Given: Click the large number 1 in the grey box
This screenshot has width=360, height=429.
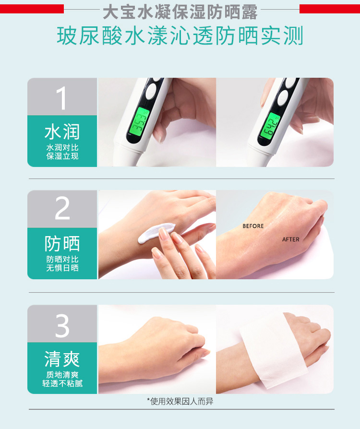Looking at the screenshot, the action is [62, 98].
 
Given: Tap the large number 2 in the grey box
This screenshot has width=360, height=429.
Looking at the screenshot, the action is [62, 208].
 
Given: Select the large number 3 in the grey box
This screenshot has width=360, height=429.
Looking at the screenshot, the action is [62, 325].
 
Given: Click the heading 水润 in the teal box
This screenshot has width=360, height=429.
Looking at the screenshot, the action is [62, 131].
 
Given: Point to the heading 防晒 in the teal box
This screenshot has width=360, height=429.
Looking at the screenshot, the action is [62, 243].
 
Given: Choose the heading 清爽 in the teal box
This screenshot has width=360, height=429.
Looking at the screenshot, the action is [62, 359].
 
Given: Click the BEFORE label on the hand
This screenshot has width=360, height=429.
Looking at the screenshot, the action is [253, 226].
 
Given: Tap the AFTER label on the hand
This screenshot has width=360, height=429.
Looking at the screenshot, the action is [291, 239].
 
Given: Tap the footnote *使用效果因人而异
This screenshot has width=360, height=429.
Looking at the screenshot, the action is [180, 401].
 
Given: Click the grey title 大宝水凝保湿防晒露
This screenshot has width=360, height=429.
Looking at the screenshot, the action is [180, 12].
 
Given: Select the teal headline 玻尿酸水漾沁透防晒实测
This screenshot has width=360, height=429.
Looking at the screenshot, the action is [180, 36].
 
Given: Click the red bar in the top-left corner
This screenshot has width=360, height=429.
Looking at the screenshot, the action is [32, 9].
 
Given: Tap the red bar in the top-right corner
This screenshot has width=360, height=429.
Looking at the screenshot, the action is [330, 9].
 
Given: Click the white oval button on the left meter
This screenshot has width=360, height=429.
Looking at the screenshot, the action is [151, 91].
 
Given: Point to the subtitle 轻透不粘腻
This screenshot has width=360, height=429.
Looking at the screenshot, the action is [62, 383].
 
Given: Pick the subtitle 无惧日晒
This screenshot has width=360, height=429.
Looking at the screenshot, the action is [62, 268].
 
